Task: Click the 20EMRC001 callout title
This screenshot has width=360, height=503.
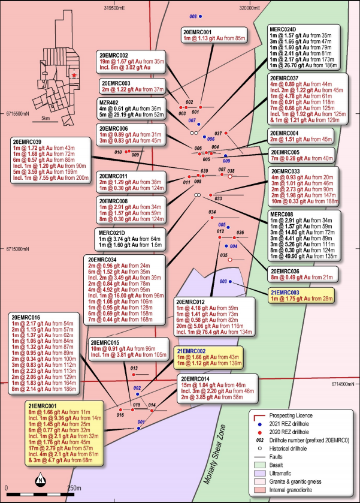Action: point(197,32)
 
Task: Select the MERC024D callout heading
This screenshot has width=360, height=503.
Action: point(285,28)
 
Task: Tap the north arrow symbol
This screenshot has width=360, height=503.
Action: point(40,480)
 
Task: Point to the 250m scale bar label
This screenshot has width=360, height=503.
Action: point(75,487)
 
